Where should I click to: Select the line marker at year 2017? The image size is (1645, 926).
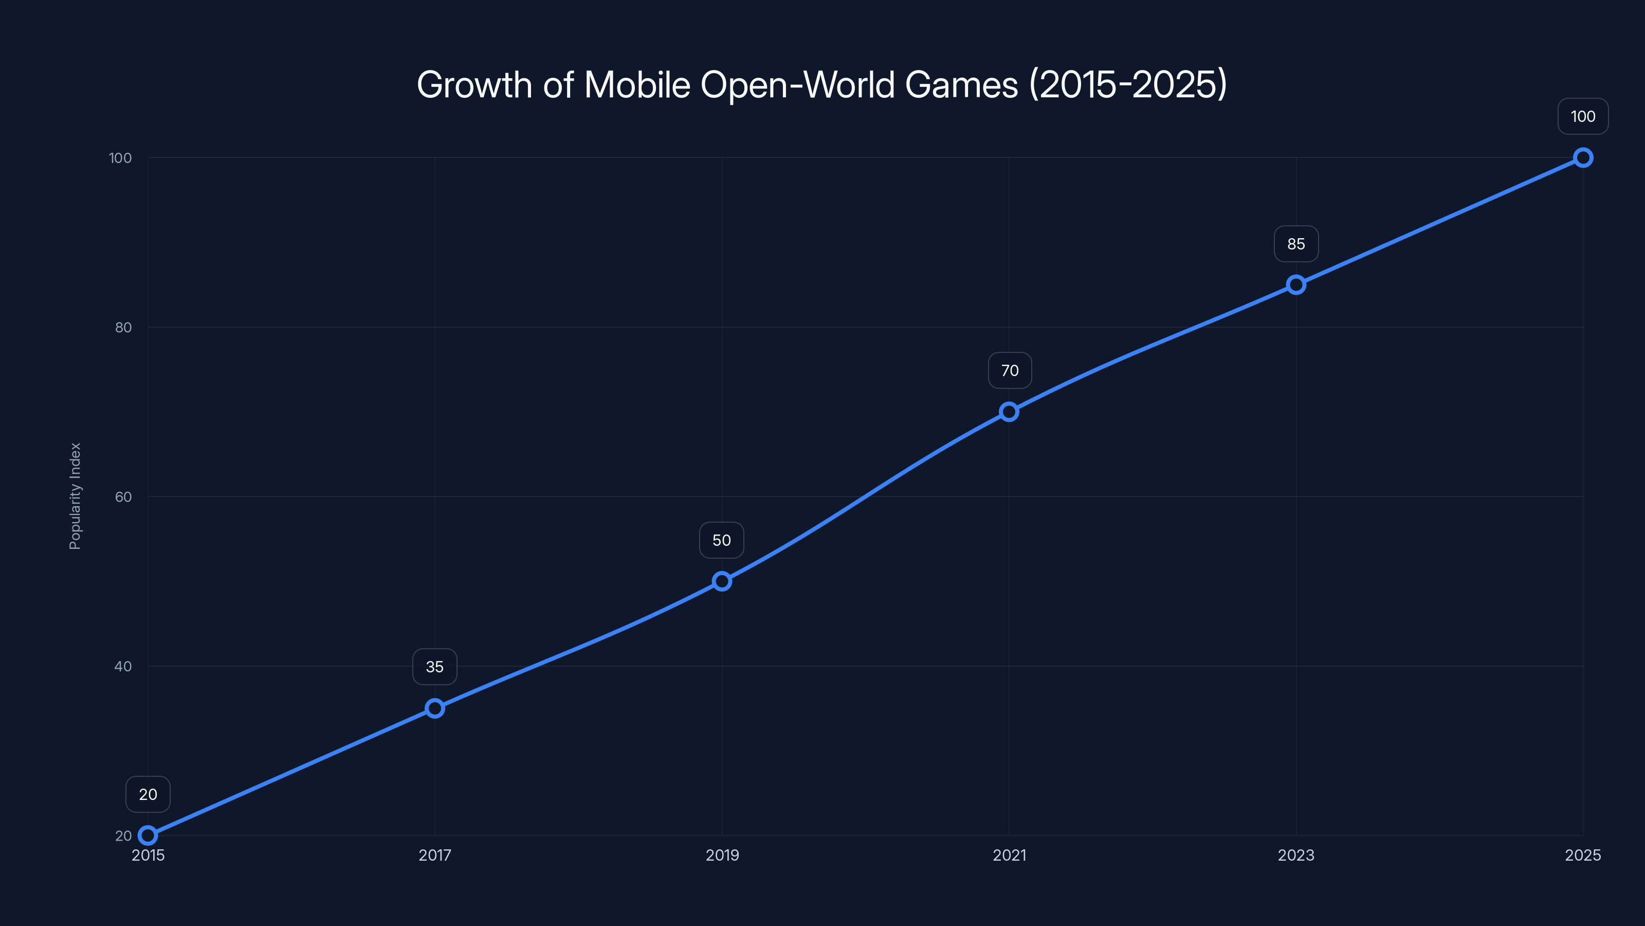pos(435,708)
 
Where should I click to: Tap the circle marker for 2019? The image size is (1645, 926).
pos(722,581)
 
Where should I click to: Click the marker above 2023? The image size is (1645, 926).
pos(1295,284)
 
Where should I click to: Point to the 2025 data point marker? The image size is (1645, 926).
pos(1582,157)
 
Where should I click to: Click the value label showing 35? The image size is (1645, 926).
pos(435,667)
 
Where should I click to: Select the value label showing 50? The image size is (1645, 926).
pos(722,540)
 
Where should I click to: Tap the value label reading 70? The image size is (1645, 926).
pos(1010,370)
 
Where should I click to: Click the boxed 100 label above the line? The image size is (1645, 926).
pos(1582,116)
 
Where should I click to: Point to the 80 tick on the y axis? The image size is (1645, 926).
pos(123,327)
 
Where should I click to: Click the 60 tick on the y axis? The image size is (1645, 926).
pos(123,496)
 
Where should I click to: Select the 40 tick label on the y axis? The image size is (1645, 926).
pos(123,666)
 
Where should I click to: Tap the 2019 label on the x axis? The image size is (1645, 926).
pos(722,855)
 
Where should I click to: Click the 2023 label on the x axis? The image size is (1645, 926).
pos(1295,855)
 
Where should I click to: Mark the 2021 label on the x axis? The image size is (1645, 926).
pos(1009,855)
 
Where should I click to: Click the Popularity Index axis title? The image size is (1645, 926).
pos(76,496)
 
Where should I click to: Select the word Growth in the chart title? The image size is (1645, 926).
pos(474,84)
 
